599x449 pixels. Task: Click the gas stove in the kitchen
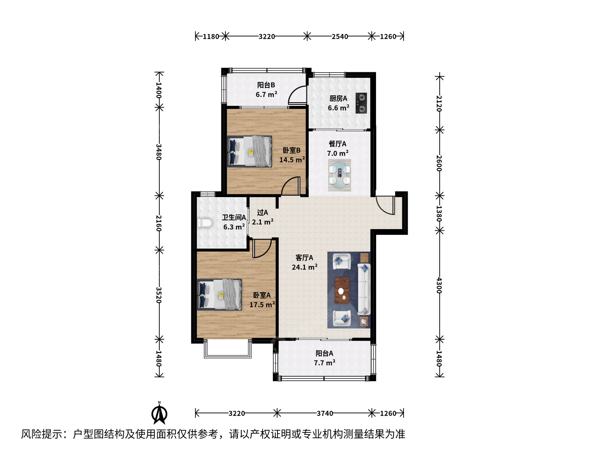click(361, 103)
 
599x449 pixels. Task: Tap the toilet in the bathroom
click(204, 223)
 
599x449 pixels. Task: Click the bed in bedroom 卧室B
click(250, 152)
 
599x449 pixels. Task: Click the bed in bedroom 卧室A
click(219, 294)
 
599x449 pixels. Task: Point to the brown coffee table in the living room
click(342, 290)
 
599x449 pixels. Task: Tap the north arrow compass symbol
click(159, 413)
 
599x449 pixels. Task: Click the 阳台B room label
click(266, 85)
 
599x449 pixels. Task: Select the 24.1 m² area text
click(304, 267)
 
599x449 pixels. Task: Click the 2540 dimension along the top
click(340, 37)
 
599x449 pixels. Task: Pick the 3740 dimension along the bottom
click(325, 413)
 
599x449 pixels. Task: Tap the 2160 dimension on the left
click(158, 223)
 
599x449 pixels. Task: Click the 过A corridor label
click(262, 212)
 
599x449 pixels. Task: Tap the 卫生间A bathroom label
click(234, 217)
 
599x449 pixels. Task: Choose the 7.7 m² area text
click(324, 363)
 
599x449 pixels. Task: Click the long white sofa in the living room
click(364, 289)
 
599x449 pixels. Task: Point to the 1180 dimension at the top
click(210, 37)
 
